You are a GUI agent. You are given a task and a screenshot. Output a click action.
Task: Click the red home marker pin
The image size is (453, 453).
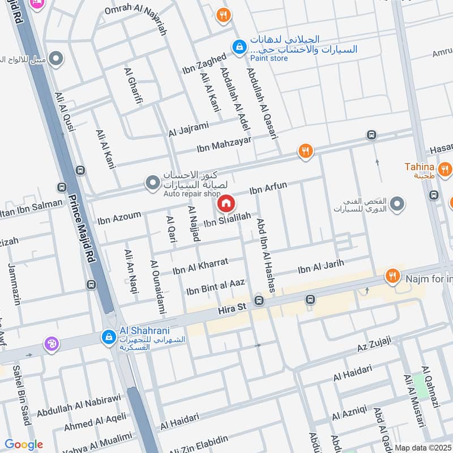click(x=225, y=203)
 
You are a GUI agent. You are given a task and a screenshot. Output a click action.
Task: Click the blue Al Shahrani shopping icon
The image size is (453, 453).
click(x=107, y=337)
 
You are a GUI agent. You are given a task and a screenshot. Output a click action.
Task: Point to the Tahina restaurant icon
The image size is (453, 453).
click(x=445, y=168)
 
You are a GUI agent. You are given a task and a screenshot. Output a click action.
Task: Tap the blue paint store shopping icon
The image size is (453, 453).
click(x=240, y=46)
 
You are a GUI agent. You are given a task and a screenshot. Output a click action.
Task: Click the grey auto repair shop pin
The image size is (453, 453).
click(x=152, y=182)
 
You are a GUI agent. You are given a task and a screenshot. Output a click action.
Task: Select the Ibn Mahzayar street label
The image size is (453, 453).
click(x=224, y=144)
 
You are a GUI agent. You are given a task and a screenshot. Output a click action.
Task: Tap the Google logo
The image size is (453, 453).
click(x=24, y=445)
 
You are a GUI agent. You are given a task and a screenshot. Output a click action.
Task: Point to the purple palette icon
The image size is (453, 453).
click(x=51, y=344)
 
